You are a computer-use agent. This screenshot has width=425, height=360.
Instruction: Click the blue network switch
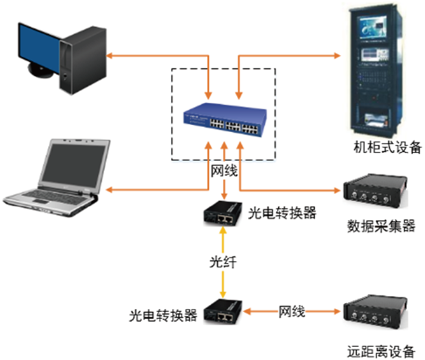(225, 120)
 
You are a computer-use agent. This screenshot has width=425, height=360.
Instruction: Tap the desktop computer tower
(83, 60)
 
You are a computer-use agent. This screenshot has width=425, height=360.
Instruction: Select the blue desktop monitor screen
(39, 48)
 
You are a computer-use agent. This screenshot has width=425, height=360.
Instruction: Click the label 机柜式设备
(387, 147)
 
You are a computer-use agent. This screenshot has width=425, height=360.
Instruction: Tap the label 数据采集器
(381, 226)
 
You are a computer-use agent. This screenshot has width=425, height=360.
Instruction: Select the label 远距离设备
(381, 351)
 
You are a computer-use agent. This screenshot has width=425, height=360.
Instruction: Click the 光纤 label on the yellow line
(223, 262)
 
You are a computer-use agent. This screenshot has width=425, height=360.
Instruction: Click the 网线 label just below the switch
(224, 171)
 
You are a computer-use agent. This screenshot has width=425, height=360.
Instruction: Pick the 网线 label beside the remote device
(292, 312)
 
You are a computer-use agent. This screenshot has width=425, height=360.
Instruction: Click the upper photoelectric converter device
(223, 214)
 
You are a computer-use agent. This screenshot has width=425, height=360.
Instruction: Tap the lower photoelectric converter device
(223, 312)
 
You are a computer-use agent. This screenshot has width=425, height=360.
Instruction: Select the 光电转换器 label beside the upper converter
(282, 213)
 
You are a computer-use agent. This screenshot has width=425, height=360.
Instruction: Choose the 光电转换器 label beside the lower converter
(163, 315)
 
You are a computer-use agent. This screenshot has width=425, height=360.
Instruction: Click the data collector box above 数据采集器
(375, 190)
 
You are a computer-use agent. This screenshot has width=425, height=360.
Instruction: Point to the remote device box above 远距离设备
(375, 312)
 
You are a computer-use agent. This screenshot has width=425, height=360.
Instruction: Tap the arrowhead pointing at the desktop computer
(109, 55)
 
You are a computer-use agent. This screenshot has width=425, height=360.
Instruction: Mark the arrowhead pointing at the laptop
(109, 190)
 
